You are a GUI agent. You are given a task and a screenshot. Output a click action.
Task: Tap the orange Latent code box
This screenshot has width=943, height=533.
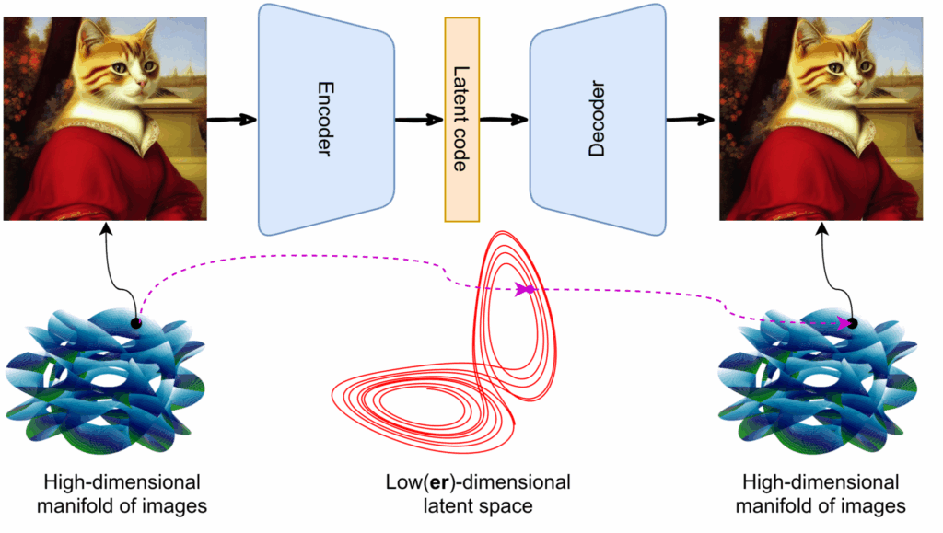(462, 120)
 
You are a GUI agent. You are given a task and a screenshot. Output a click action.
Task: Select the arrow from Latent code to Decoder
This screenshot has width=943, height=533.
(505, 120)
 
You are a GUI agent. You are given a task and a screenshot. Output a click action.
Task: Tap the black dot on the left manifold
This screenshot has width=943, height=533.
(136, 323)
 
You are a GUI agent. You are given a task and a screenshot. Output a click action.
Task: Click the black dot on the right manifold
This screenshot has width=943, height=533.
(853, 323)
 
